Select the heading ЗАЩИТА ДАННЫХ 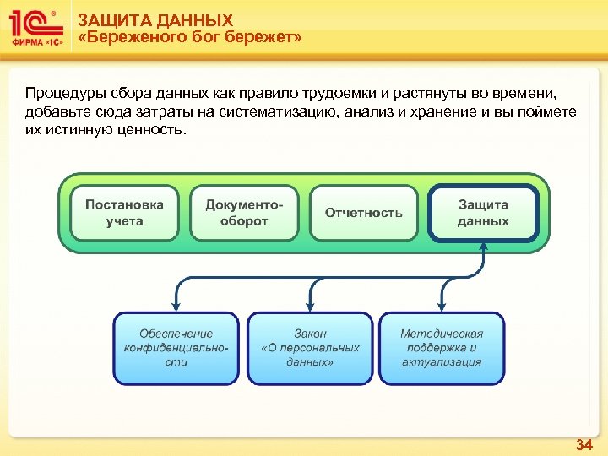coord(155,19)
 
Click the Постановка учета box coord(124,213)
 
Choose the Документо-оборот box coord(244,213)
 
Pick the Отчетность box coord(364,213)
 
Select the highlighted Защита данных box coord(483,213)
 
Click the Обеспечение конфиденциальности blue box coord(176,348)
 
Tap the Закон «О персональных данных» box coord(310,348)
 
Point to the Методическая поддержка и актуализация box coord(442,348)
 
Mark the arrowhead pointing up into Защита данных coord(483,247)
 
